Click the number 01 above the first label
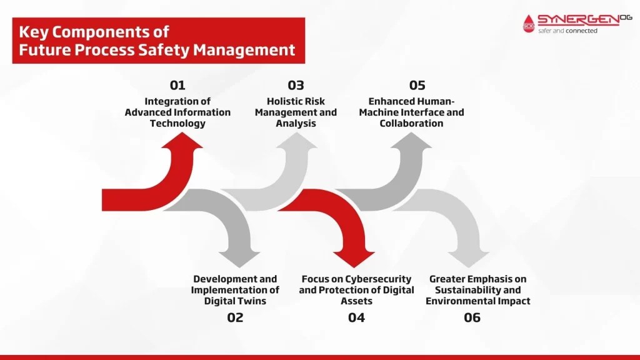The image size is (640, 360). click(177, 86)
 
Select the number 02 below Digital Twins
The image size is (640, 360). click(235, 317)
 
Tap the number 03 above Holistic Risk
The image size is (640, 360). click(296, 86)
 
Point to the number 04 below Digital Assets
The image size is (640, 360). click(356, 317)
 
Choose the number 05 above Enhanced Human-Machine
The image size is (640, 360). click(417, 86)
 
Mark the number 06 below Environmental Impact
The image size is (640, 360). click(472, 317)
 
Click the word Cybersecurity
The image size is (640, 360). click(381, 279)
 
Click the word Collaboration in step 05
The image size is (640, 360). click(411, 124)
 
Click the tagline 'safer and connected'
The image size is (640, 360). click(567, 31)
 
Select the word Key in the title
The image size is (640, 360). click(33, 32)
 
